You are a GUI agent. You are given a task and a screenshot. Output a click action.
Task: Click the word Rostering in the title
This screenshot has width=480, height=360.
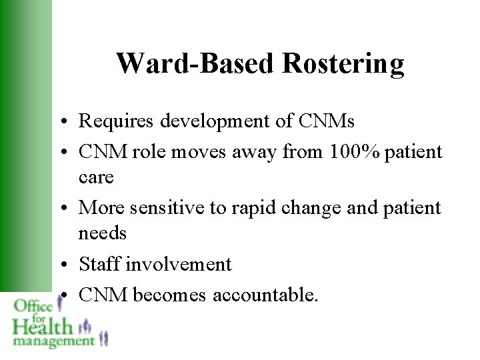tap(343, 64)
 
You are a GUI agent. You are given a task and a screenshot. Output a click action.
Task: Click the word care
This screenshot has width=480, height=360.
tap(97, 178)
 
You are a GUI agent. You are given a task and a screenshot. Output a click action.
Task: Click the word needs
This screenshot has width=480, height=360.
tap(102, 233)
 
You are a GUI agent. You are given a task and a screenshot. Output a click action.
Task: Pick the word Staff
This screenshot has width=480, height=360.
tap(100, 264)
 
